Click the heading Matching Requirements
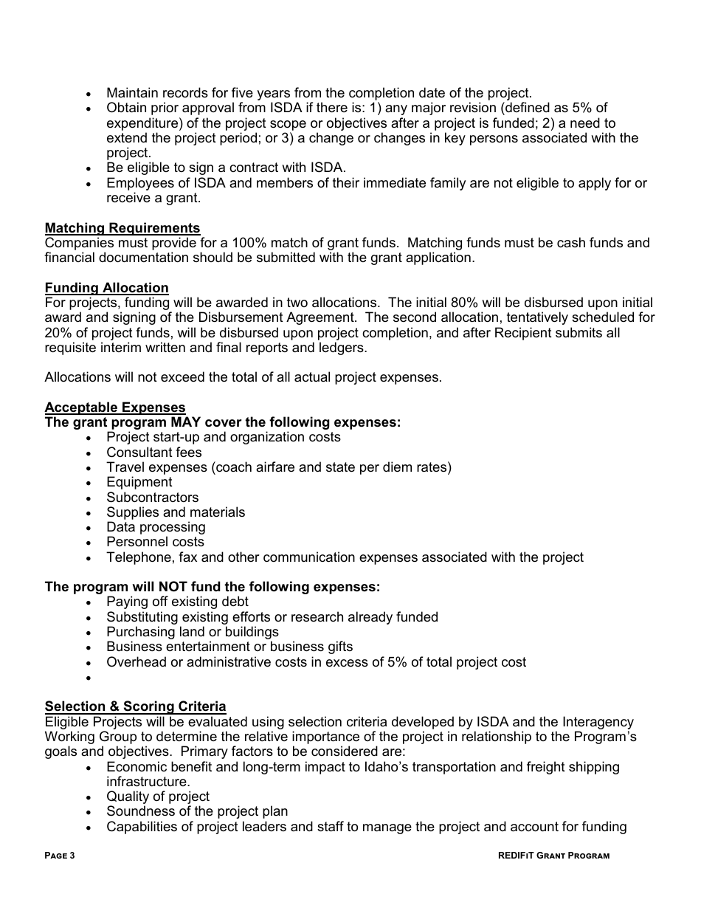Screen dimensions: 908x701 pyautogui.click(x=122, y=228)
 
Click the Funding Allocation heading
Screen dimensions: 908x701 pyautogui.click(x=106, y=288)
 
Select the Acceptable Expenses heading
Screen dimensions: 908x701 pyautogui.click(x=115, y=407)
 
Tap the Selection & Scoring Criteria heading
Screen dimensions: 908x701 pyautogui.click(x=135, y=706)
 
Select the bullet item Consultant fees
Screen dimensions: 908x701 pyautogui.click(x=153, y=453)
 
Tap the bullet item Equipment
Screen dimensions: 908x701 pyautogui.click(x=139, y=482)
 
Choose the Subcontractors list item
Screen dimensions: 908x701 pyautogui.click(x=152, y=498)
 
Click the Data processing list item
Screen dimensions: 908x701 pyautogui.click(x=156, y=527)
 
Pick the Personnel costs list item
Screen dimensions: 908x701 pyautogui.click(x=155, y=542)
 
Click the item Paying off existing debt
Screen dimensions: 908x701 pyautogui.click(x=177, y=602)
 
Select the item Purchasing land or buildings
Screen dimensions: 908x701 pyautogui.click(x=192, y=632)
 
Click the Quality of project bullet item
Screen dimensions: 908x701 pyautogui.click(x=158, y=797)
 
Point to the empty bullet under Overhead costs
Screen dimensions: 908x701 pyautogui.click(x=89, y=678)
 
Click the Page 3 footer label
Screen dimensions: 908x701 pyautogui.click(x=60, y=856)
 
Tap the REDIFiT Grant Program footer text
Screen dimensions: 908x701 pyautogui.click(x=553, y=856)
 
